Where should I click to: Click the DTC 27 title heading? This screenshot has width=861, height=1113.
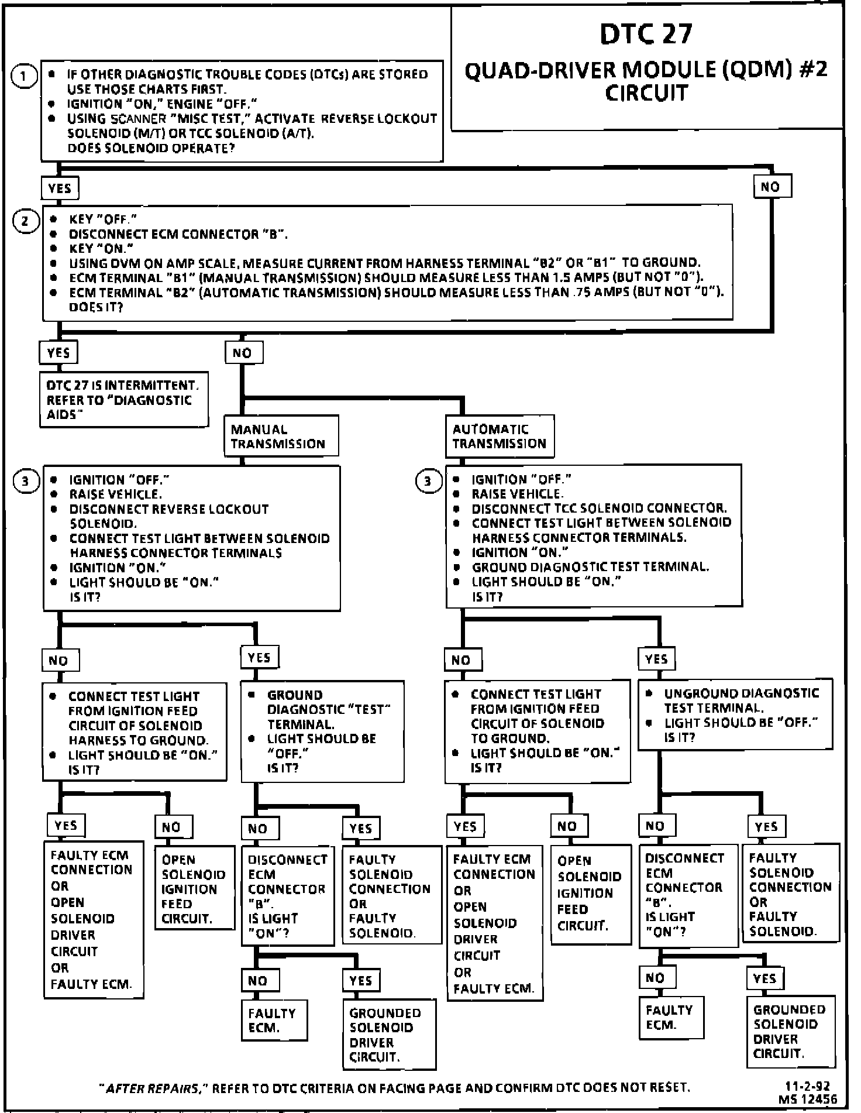coord(646,34)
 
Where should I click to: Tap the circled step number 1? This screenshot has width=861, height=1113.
coord(24,77)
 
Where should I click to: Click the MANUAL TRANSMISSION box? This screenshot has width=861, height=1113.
coord(281,436)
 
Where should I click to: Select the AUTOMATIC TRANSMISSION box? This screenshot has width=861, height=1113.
coord(499,436)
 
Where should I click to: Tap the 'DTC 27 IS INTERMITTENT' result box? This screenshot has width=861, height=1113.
coord(123,400)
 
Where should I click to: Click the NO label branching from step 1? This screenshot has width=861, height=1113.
coord(771,187)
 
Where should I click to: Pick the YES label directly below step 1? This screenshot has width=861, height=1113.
coord(59,188)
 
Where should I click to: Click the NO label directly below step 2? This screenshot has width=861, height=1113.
coord(243,352)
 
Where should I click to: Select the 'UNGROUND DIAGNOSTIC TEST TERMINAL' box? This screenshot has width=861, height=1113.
coord(735,715)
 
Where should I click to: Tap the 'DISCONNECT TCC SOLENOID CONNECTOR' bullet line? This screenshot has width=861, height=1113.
coord(598,508)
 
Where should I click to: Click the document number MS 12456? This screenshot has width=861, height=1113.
coord(808,1100)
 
